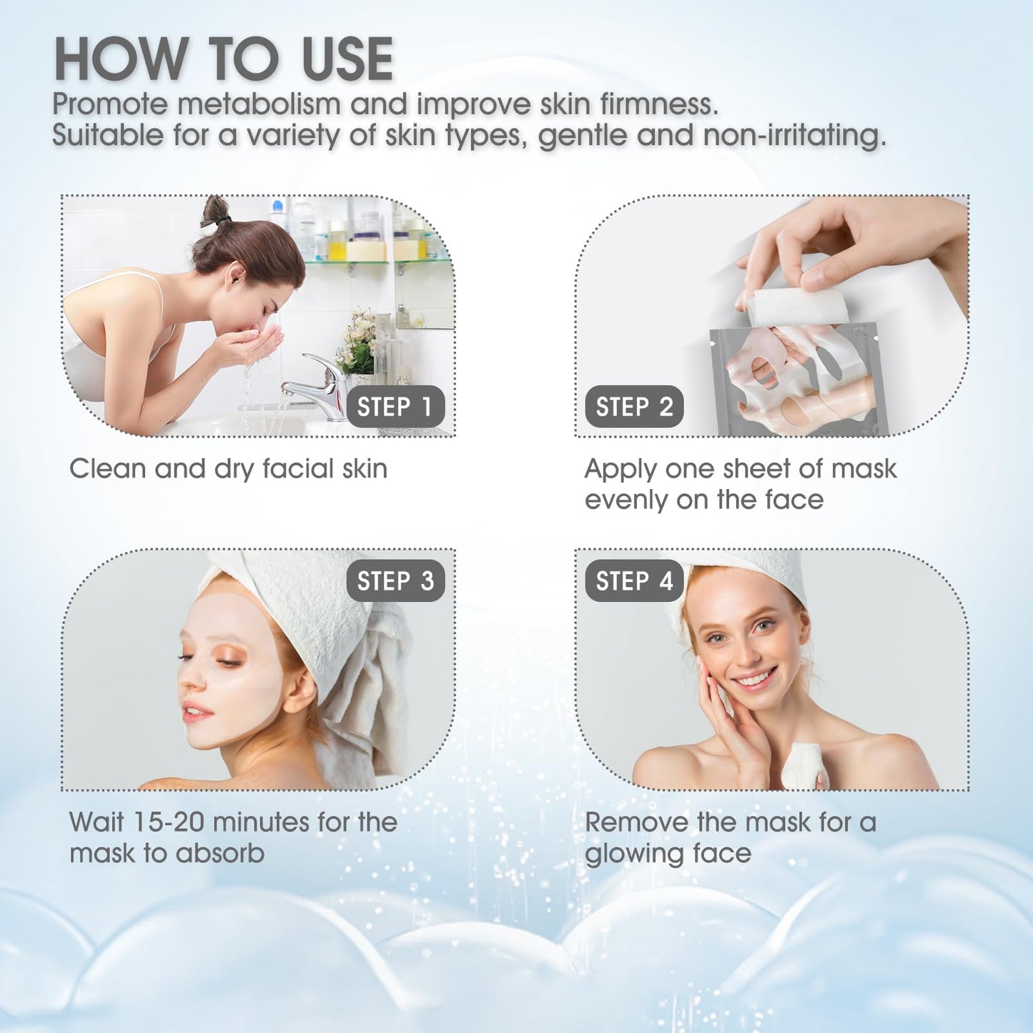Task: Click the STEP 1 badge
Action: tap(395, 406)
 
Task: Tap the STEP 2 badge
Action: tap(634, 406)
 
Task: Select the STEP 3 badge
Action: tap(395, 580)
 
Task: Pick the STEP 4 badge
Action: tap(634, 580)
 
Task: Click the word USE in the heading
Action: tap(348, 59)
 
